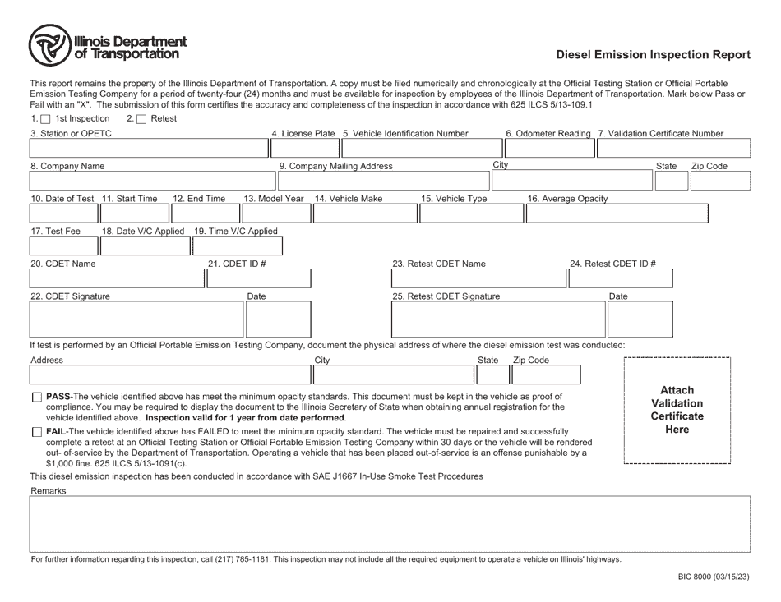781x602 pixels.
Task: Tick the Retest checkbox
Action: coord(141,119)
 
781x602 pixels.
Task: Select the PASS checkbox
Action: coord(36,397)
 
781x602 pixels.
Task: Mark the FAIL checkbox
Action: coord(36,432)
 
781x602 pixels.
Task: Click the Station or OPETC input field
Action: coord(149,149)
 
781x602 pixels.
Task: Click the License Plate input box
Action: coord(304,149)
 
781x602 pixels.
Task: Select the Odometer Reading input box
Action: coord(548,149)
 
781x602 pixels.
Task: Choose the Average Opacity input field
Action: coord(616,214)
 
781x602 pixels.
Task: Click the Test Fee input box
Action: coord(63,246)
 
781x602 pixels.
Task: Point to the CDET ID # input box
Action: coord(259,278)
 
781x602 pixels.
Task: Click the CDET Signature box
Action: coord(136,319)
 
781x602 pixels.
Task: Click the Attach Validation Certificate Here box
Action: coord(677,410)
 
